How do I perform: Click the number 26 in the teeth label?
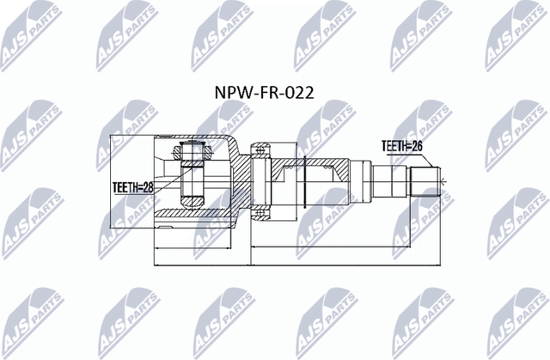tap(419, 146)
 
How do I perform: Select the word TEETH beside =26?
tap(394, 146)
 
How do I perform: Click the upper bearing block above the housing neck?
tap(260, 152)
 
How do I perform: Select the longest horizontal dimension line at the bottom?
tap(292, 265)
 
